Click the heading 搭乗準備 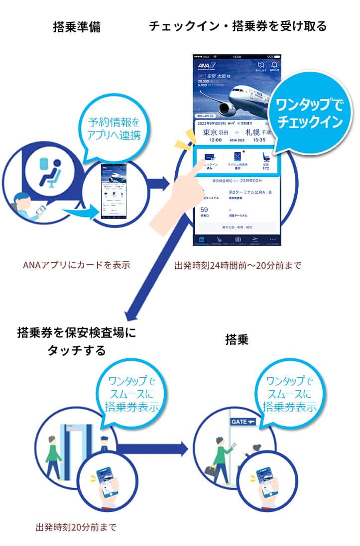(76, 27)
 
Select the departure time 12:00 (208, 140)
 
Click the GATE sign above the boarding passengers (242, 422)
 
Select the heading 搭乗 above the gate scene (237, 339)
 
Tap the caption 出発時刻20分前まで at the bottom (76, 527)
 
